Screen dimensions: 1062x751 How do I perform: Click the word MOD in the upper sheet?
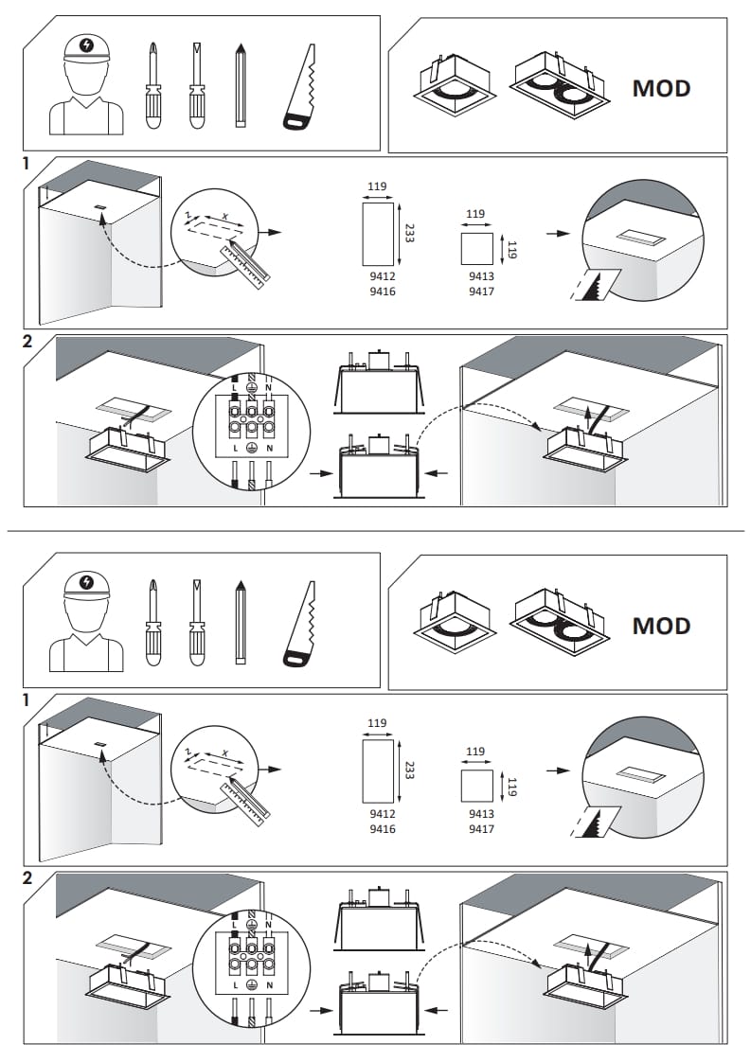point(661,89)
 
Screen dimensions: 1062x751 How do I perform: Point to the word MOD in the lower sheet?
point(661,627)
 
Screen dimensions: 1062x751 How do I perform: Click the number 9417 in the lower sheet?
point(481,829)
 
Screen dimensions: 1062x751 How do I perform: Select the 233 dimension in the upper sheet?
point(409,233)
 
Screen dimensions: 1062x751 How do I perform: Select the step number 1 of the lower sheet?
point(27,701)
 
